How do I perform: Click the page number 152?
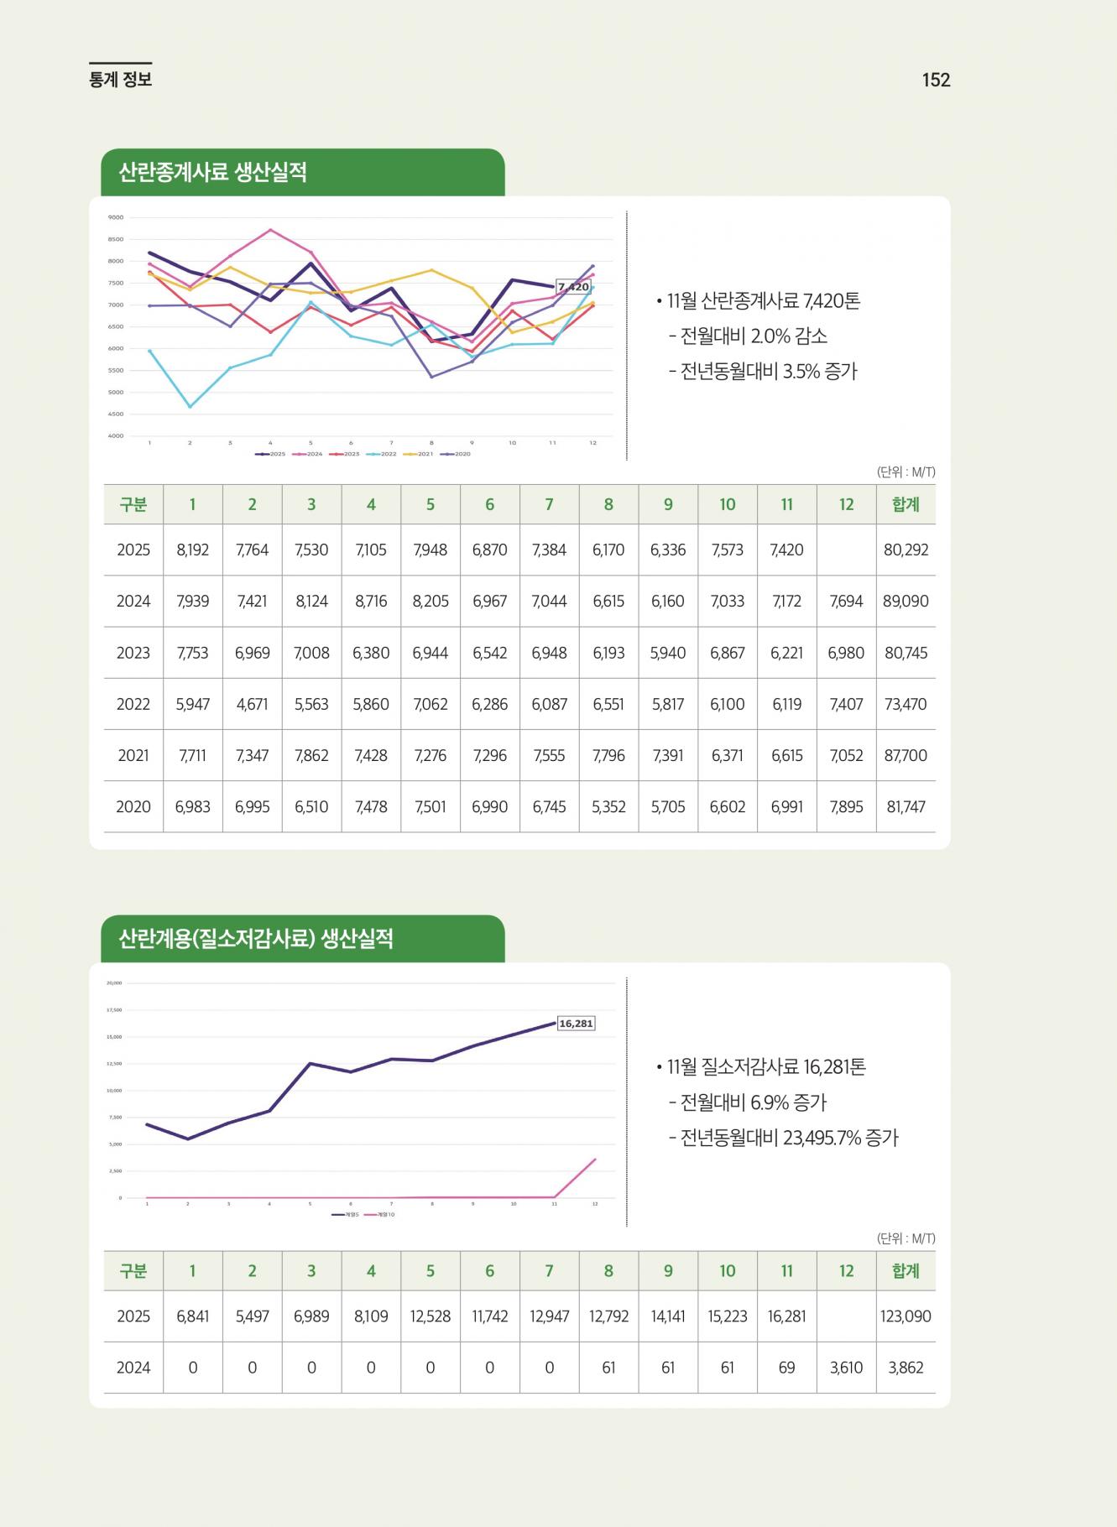[936, 80]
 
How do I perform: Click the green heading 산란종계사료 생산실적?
[212, 173]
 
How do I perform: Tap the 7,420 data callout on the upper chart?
[573, 287]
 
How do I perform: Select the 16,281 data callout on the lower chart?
[576, 1024]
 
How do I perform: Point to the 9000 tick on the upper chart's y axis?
[116, 217]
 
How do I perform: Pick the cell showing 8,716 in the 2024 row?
[371, 602]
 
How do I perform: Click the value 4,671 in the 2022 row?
[252, 705]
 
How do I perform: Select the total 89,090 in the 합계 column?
[906, 602]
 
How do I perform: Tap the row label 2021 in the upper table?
[133, 756]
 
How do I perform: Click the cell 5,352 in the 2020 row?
[608, 807]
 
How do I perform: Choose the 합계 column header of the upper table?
[906, 504]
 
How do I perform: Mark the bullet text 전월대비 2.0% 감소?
[753, 336]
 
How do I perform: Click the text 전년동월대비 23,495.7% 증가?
[788, 1139]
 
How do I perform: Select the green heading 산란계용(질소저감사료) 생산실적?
[256, 939]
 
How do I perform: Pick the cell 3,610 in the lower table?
[846, 1368]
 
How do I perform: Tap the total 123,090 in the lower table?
[906, 1316]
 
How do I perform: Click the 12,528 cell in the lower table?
[431, 1316]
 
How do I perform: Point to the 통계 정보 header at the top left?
[120, 80]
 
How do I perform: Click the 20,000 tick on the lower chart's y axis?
[114, 983]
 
